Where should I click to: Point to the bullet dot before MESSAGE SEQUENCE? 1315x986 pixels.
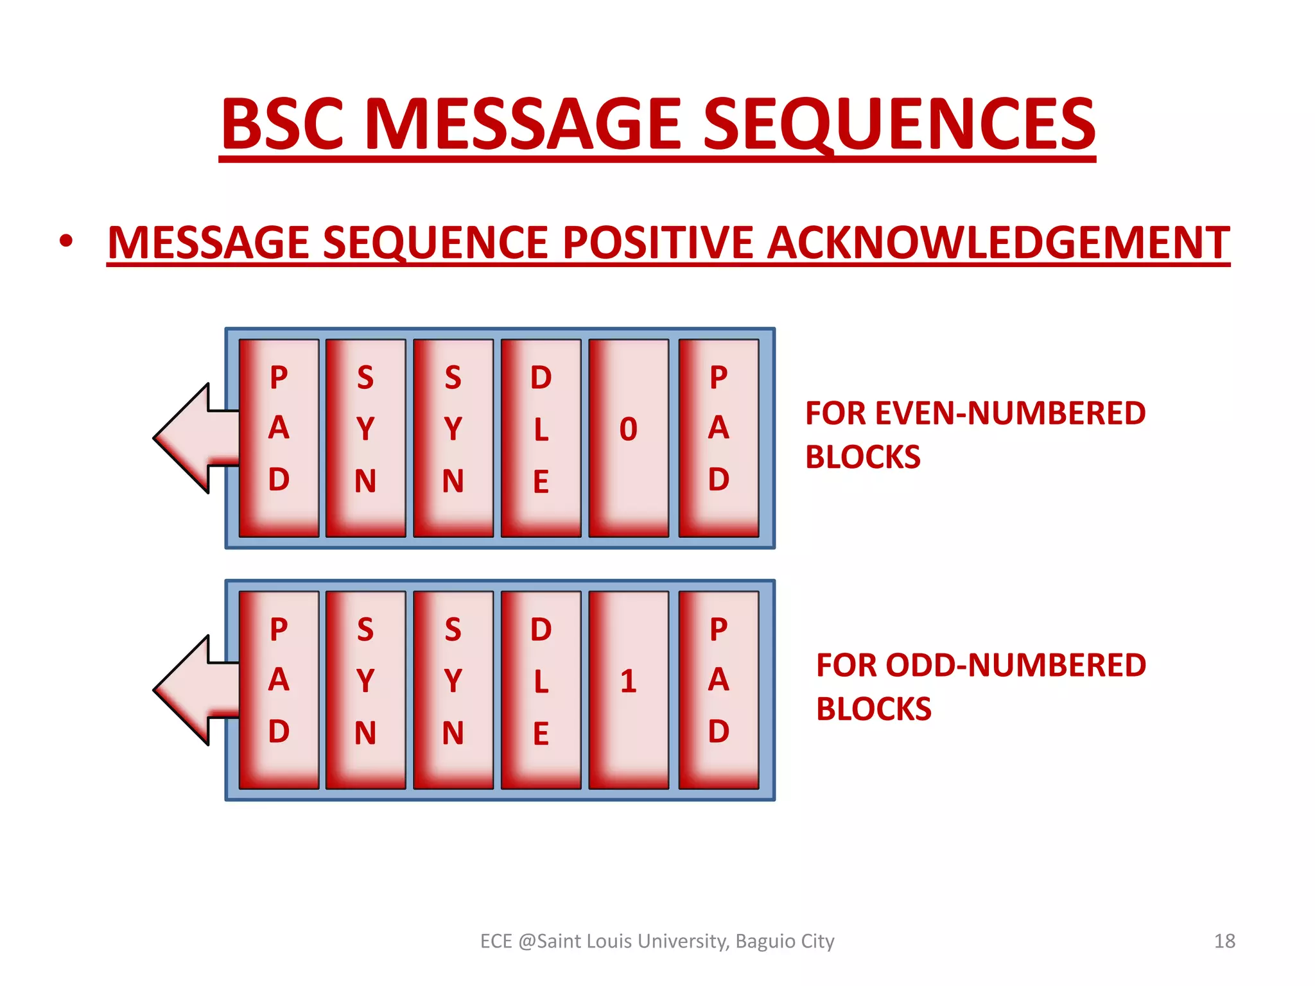pos(65,242)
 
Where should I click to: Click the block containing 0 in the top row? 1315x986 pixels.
pos(629,438)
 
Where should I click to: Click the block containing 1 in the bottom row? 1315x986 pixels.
pos(629,689)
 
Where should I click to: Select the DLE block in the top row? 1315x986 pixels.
pos(541,438)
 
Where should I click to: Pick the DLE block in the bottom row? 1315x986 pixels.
pos(541,689)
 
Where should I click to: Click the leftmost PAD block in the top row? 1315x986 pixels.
pos(279,438)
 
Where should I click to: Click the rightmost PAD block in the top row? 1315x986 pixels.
pos(718,438)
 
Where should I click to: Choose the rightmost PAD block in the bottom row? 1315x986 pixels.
pos(718,689)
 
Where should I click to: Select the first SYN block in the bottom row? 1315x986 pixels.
pos(365,689)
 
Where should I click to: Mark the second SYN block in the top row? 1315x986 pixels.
pos(453,438)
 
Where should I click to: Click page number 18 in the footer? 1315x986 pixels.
pos(1224,941)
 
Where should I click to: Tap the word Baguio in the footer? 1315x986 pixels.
pos(765,941)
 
